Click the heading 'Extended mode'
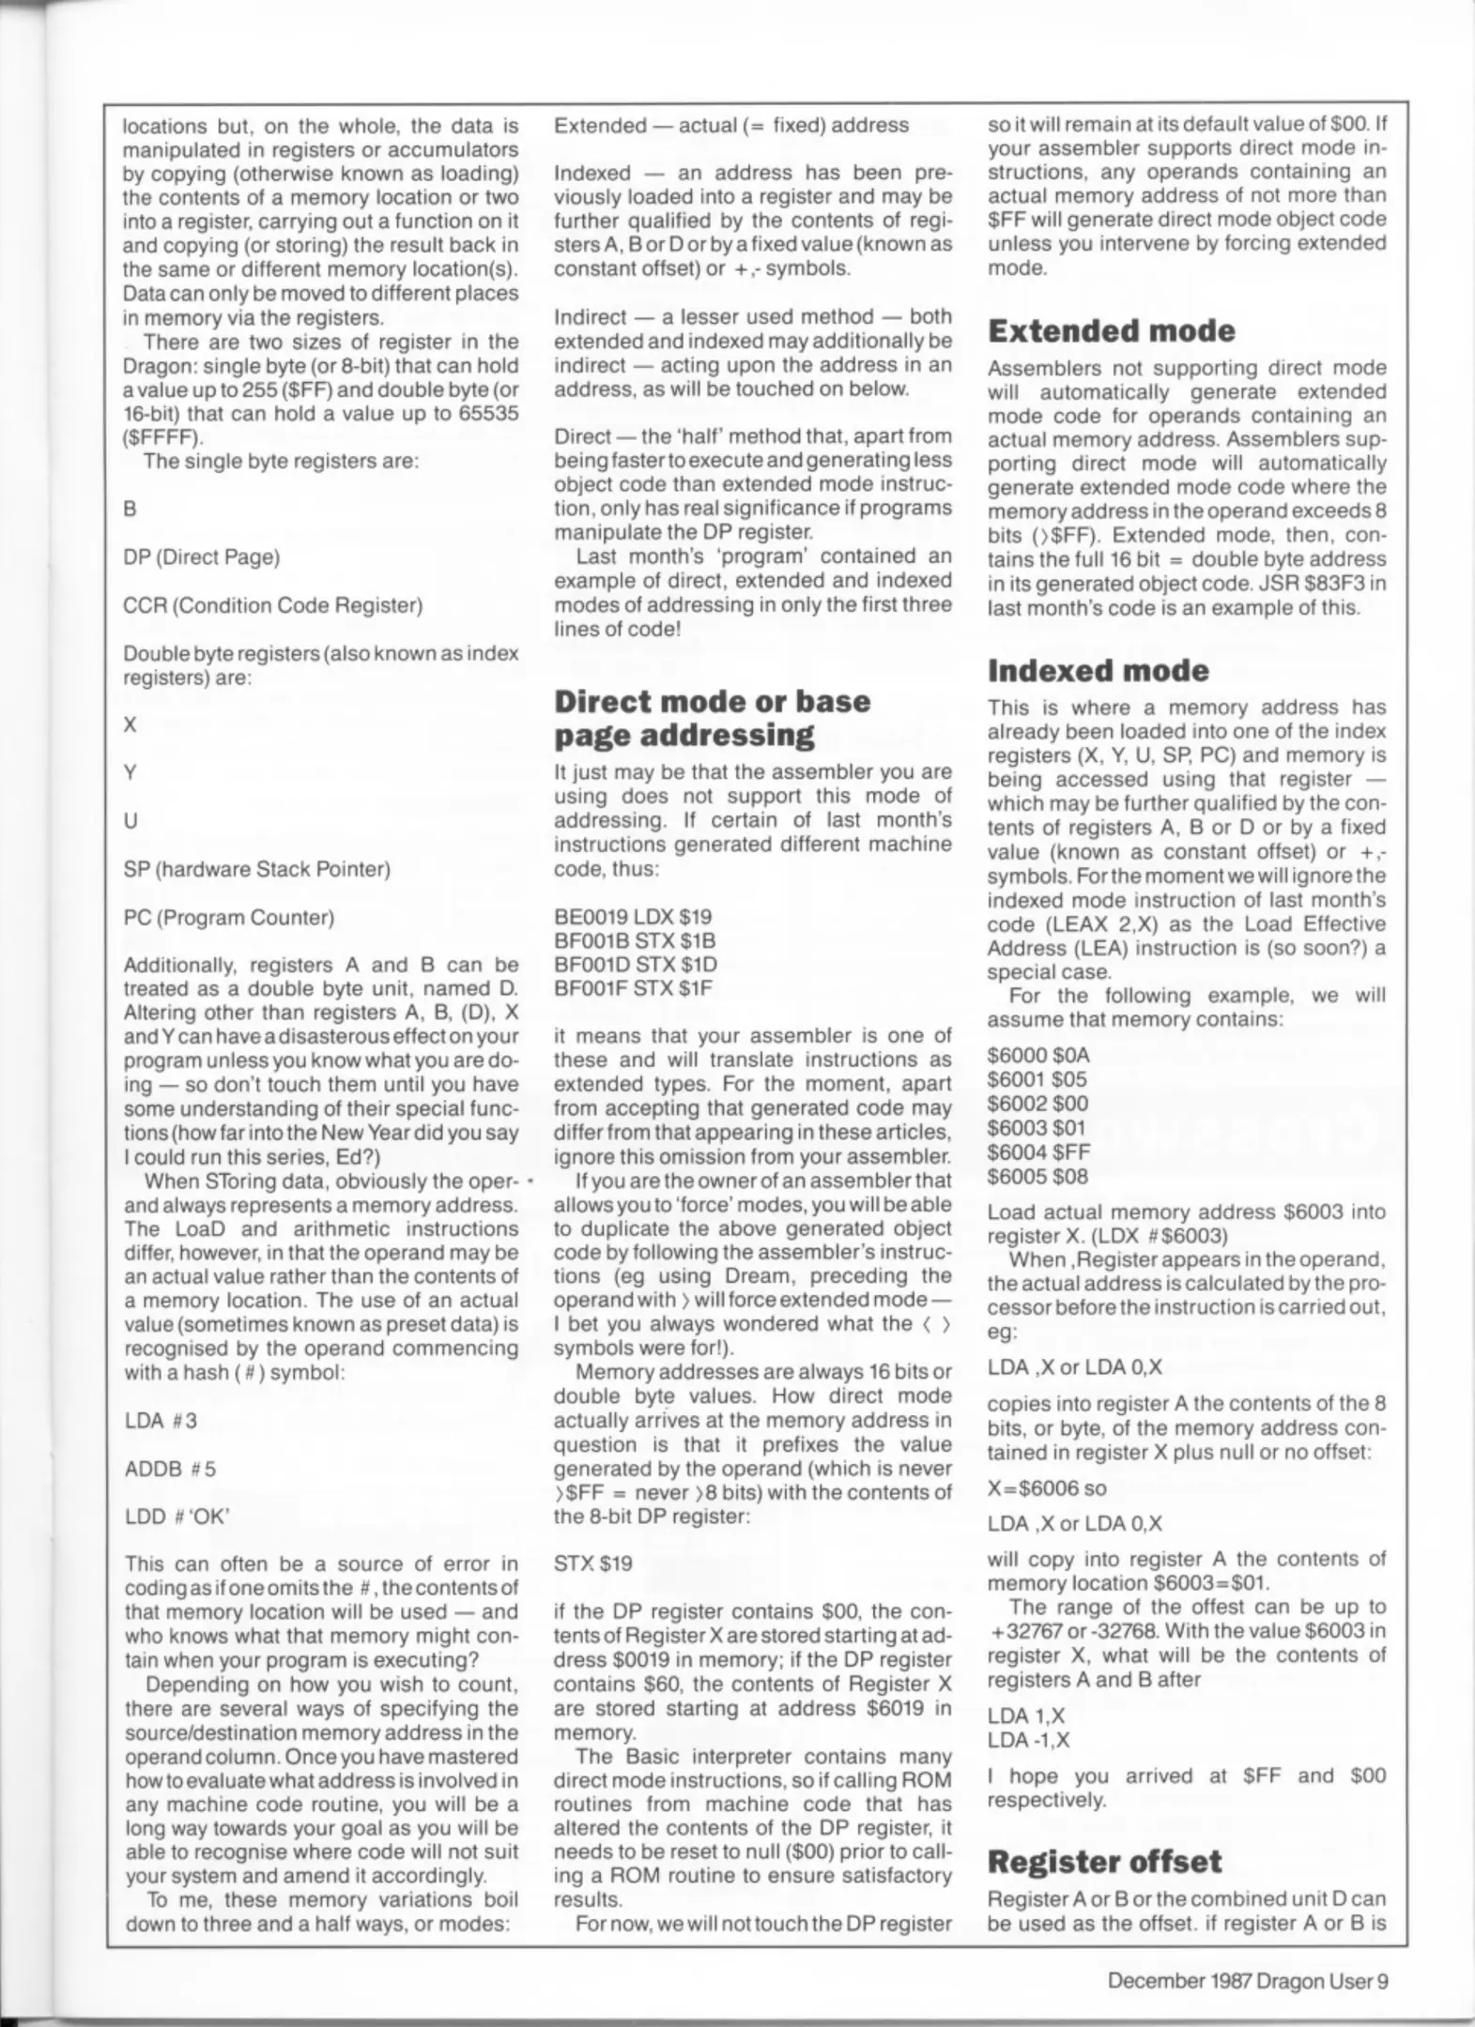tap(1111, 331)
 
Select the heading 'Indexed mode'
tap(1099, 670)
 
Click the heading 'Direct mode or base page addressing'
tap(712, 717)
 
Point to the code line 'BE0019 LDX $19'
tap(633, 916)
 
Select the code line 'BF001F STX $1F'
tap(633, 987)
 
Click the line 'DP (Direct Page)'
tap(202, 557)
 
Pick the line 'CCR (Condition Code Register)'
tap(272, 605)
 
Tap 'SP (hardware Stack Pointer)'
tap(256, 869)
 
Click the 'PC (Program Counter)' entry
tap(228, 917)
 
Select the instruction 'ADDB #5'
tap(170, 1469)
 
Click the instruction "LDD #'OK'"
tap(177, 1516)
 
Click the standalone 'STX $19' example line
tap(592, 1563)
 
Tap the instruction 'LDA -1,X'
tap(1028, 1740)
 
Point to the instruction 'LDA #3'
tap(161, 1421)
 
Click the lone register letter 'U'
tap(131, 821)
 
